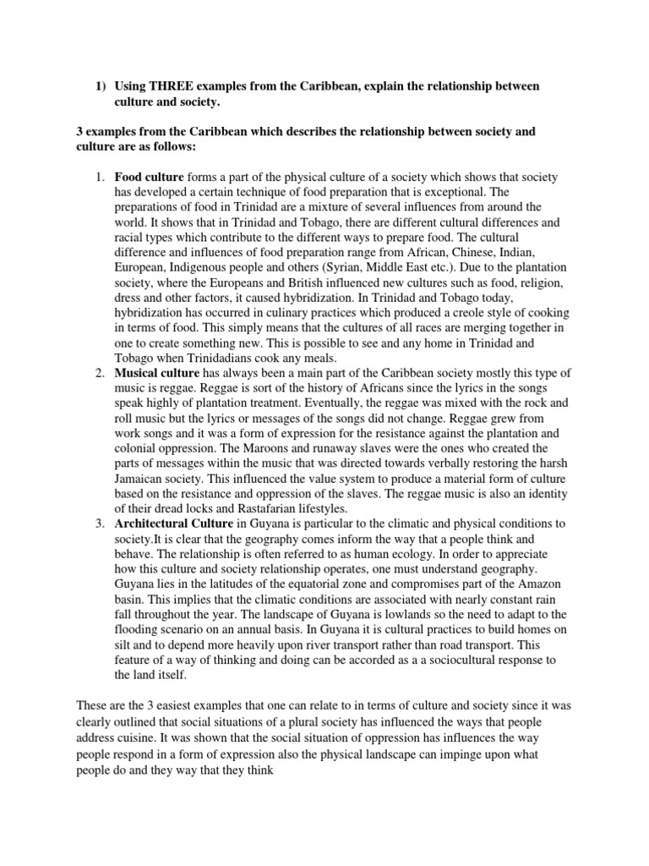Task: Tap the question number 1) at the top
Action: [x=101, y=86]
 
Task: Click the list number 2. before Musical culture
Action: [x=99, y=373]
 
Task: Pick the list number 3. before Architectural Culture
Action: [x=99, y=523]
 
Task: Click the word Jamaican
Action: [x=142, y=479]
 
